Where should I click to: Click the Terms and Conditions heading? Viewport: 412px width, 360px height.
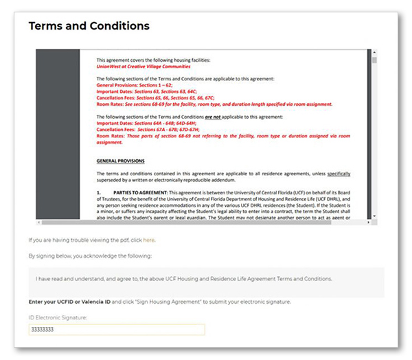click(x=89, y=26)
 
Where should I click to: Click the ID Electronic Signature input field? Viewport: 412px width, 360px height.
click(x=117, y=330)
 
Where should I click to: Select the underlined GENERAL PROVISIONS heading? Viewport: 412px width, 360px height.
click(x=120, y=161)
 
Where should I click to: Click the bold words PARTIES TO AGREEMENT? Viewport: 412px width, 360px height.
click(x=141, y=192)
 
